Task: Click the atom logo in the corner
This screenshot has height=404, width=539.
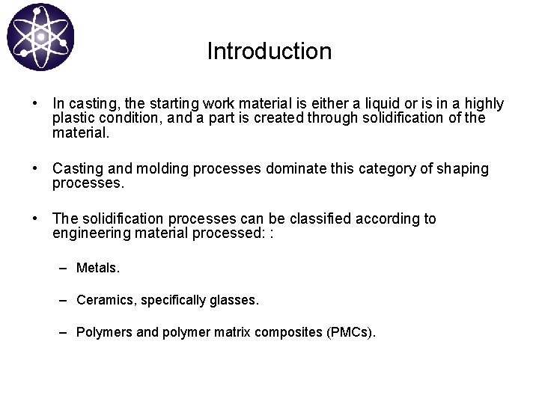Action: coord(40,37)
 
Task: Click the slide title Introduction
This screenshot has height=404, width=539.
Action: coord(269,52)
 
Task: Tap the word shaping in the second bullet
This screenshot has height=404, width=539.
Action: coord(464,169)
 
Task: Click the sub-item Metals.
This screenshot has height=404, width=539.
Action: coord(98,268)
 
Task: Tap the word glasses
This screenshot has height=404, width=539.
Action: coord(235,300)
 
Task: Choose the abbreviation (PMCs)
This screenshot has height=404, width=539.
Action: coord(351,332)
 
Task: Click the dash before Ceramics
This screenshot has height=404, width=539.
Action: coord(65,300)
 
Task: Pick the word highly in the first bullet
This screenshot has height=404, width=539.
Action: coord(484,104)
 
